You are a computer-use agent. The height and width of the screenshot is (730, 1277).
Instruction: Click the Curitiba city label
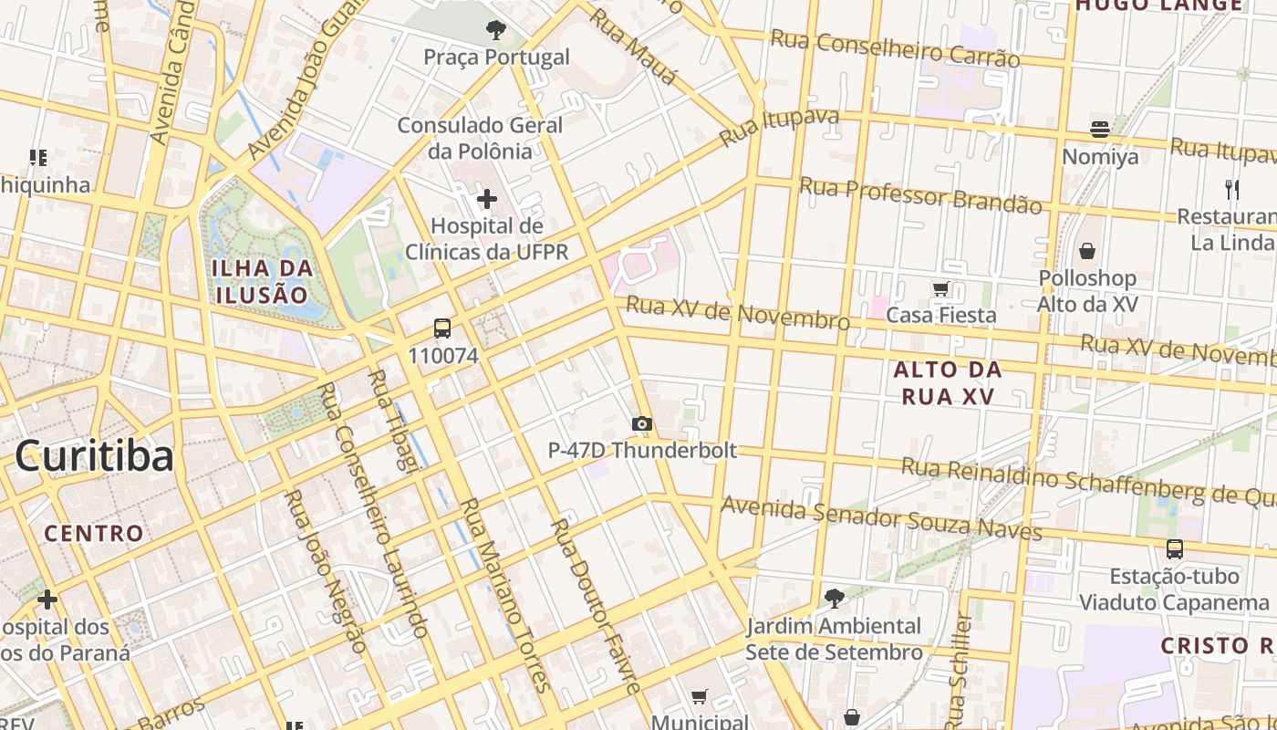point(94,455)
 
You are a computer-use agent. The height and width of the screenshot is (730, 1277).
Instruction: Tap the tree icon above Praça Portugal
point(496,30)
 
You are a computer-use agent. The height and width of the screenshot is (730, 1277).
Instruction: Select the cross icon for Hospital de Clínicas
point(487,198)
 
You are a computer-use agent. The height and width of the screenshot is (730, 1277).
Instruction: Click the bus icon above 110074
point(442,328)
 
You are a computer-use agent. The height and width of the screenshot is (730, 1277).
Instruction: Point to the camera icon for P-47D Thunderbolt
point(642,423)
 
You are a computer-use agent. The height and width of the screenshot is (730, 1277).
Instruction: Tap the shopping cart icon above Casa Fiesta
point(941,289)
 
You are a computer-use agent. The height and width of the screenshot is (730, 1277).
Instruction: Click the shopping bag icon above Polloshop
point(1087,250)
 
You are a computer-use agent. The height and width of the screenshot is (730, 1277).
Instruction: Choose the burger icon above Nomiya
point(1100,130)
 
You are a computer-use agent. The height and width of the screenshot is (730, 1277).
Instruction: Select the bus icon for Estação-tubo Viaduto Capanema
point(1175,549)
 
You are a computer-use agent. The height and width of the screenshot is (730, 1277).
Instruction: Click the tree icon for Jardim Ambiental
point(834,599)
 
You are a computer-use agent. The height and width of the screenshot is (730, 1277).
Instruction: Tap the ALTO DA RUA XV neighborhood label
point(948,382)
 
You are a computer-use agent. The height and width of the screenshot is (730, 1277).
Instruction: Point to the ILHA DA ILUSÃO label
point(263,281)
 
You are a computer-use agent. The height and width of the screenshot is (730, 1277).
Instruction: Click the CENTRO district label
point(94,533)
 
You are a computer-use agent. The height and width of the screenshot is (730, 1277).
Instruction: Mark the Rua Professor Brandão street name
point(920,195)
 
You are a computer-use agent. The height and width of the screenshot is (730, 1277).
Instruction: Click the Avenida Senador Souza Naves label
point(881,517)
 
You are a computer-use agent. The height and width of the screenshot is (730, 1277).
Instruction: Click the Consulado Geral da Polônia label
point(480,138)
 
